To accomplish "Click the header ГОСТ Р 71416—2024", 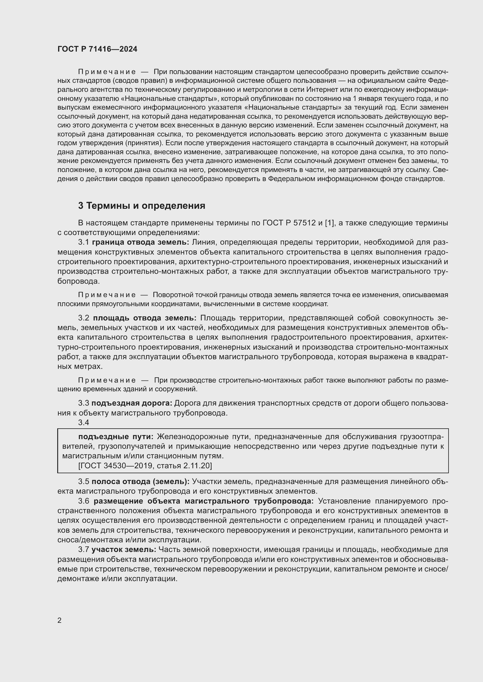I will coord(97,49).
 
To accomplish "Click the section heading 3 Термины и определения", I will coord(142,206).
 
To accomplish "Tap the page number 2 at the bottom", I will coord(60,620).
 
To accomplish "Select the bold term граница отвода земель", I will coord(140,242).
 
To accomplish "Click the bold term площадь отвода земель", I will coord(145,318).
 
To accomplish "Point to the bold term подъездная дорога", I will coord(132,403).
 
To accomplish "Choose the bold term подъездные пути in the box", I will coord(116,436).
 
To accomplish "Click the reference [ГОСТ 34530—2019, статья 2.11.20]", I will coord(145,465).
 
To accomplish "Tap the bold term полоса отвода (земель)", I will coord(140,481).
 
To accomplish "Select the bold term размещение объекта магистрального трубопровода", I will coord(204,501).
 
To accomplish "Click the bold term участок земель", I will coord(124,550).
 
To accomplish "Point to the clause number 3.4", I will coord(84,422).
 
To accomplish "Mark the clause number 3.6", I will coord(84,501).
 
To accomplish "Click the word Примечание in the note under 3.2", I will coord(107,380).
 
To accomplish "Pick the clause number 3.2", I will coord(84,318).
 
